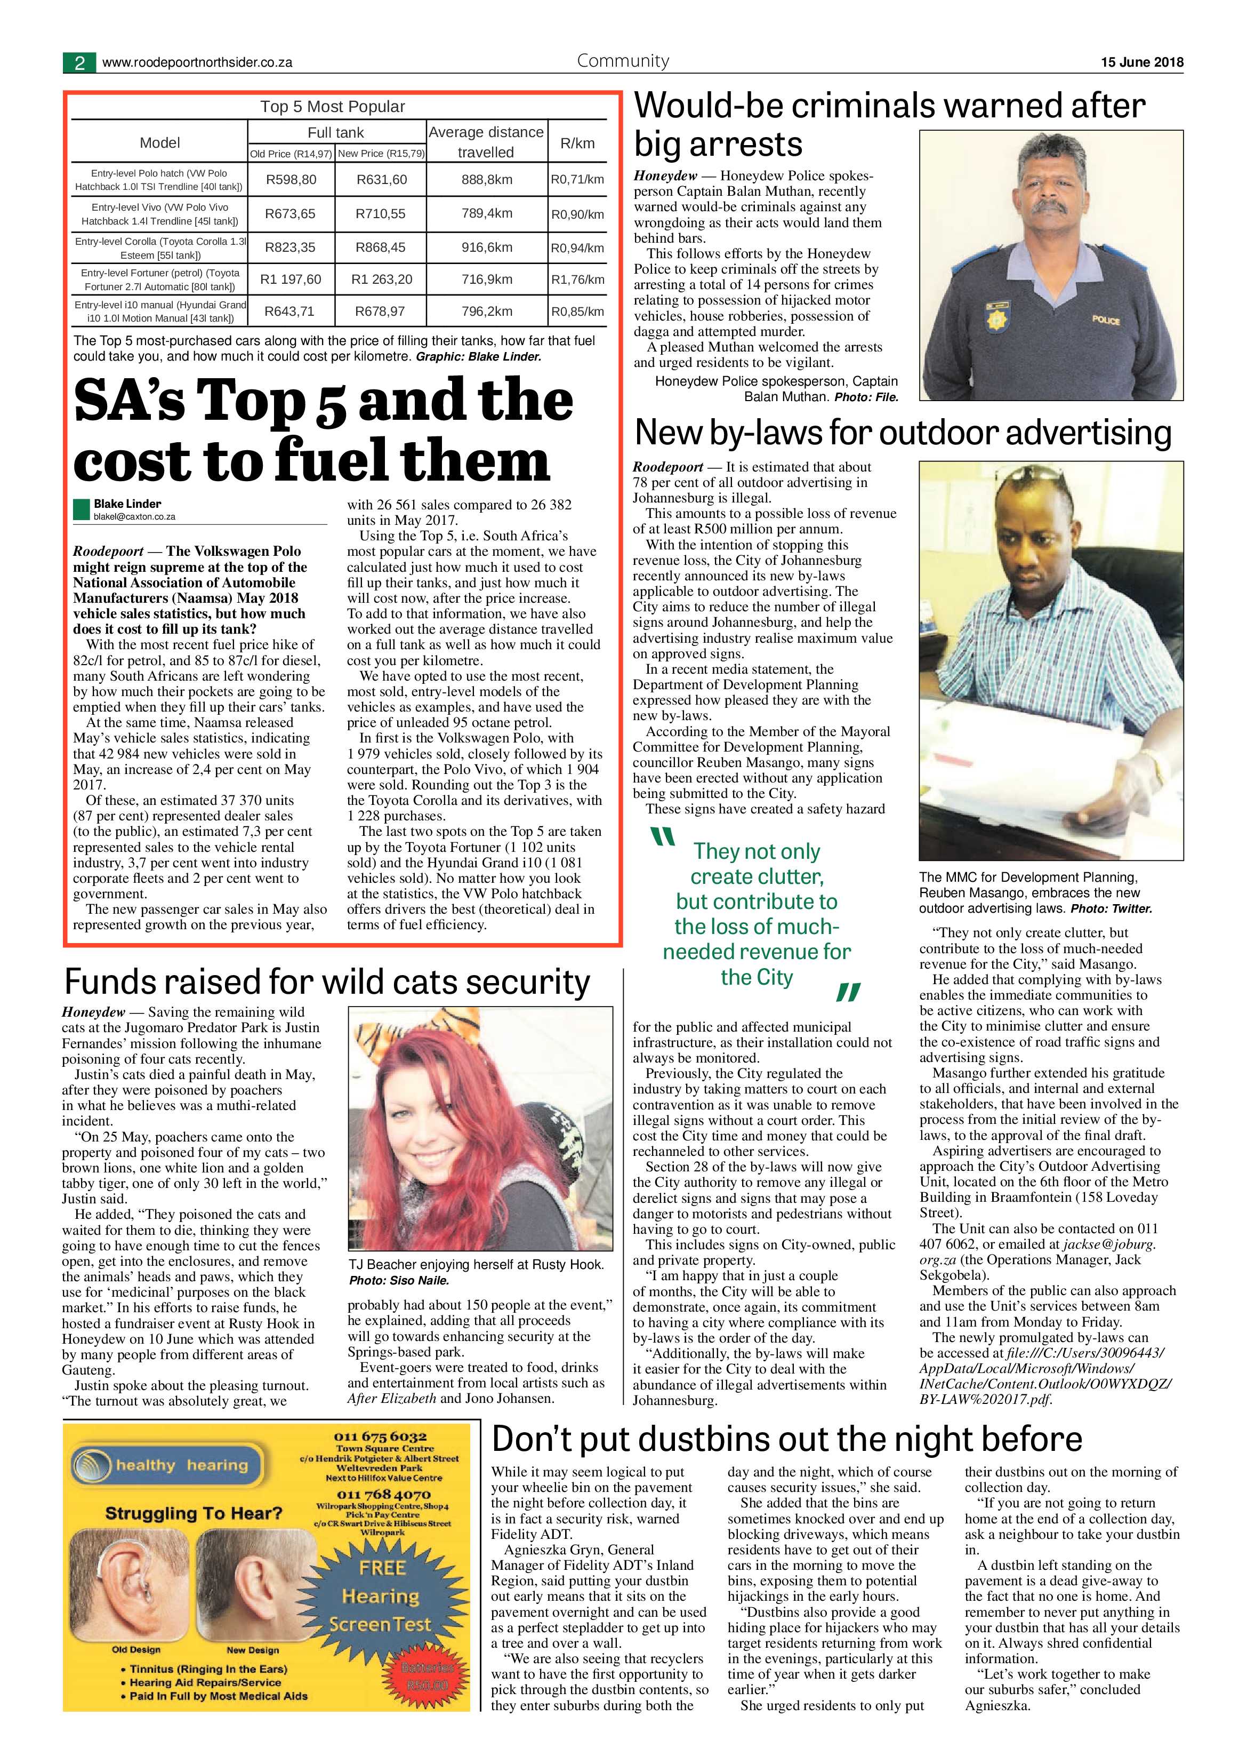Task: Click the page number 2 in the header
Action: [79, 62]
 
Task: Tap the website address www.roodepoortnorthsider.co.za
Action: [197, 63]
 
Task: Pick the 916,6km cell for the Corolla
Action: [486, 248]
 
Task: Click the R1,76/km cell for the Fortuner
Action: [577, 280]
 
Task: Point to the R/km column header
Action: [577, 143]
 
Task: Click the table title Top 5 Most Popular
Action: [333, 107]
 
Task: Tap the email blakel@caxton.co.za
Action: [134, 517]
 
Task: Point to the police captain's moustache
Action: [1051, 207]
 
